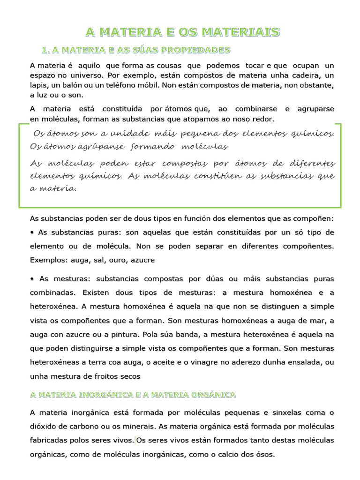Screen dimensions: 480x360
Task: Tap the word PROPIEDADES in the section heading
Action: (x=199, y=50)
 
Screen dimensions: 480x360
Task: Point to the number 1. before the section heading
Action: (x=46, y=50)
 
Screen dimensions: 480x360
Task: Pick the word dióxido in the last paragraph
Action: (x=44, y=427)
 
